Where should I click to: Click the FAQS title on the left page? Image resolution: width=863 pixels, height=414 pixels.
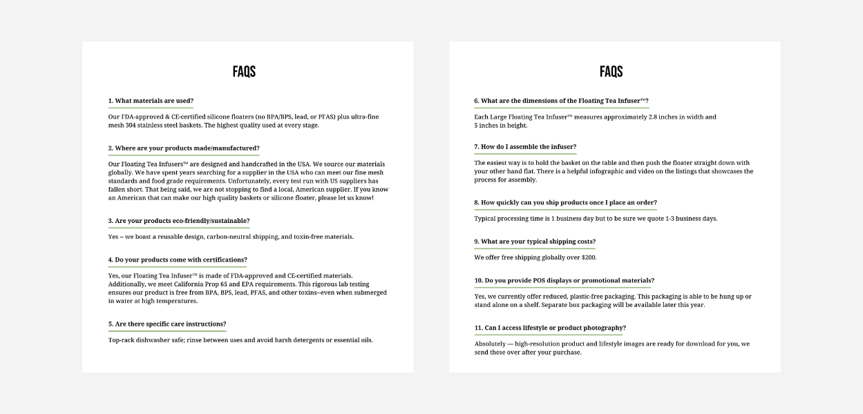click(x=244, y=72)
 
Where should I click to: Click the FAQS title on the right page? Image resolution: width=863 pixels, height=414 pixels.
click(x=611, y=72)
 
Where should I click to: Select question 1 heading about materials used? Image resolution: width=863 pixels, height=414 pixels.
click(x=151, y=101)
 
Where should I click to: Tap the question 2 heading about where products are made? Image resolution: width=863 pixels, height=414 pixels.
click(x=184, y=148)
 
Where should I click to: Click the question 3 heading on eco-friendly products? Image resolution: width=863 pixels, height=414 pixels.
click(x=179, y=221)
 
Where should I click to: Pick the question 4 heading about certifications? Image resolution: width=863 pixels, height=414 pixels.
click(x=178, y=260)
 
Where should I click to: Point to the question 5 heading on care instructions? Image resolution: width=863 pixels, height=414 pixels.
click(x=167, y=324)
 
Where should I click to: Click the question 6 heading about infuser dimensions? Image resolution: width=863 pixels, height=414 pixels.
click(x=561, y=101)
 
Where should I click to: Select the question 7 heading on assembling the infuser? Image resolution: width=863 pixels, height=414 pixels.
click(x=525, y=147)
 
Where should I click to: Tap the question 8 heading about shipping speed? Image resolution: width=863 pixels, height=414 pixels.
click(x=565, y=203)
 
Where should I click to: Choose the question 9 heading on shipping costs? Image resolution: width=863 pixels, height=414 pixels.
click(x=535, y=241)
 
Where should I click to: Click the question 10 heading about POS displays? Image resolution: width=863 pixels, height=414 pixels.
click(x=564, y=281)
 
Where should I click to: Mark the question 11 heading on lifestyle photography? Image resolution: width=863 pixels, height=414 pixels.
click(x=550, y=328)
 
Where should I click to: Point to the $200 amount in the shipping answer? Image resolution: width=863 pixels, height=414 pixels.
click(x=587, y=257)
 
